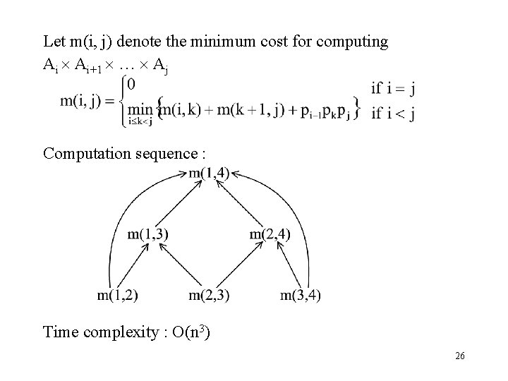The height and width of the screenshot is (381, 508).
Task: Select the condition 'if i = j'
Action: (x=392, y=88)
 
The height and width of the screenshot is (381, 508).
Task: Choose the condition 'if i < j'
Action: (x=392, y=114)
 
